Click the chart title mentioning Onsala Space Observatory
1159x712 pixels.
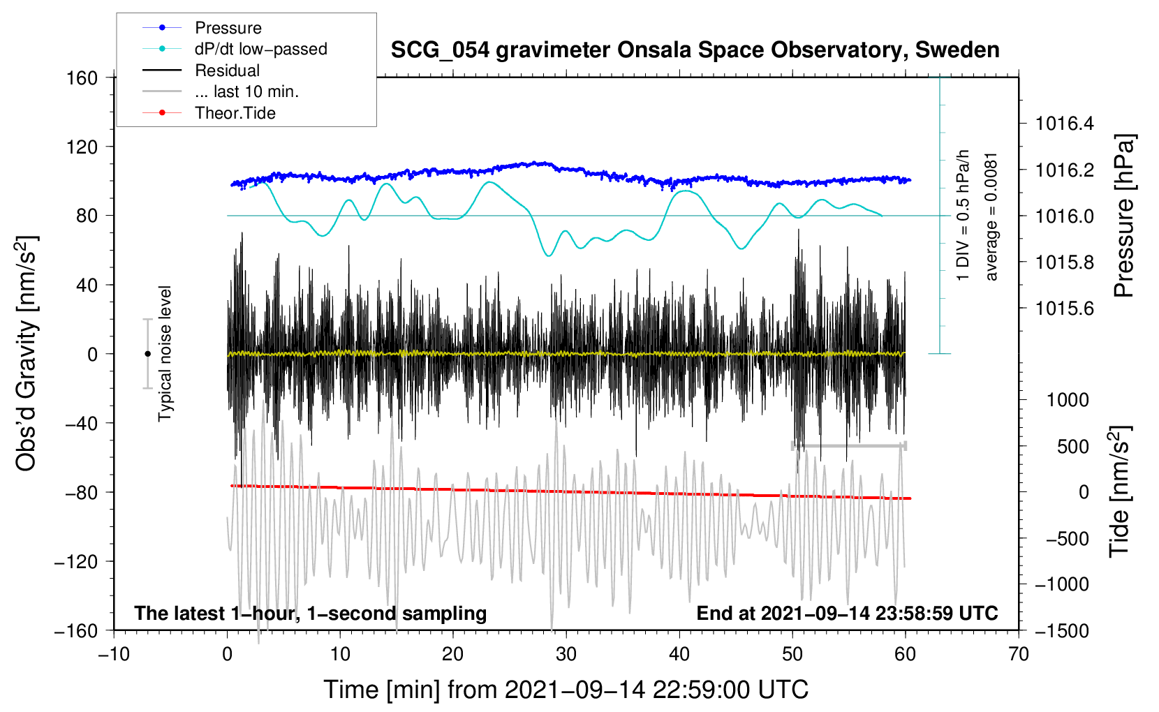click(x=695, y=50)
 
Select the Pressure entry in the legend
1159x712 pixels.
click(x=228, y=28)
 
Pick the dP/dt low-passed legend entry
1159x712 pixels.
click(x=261, y=49)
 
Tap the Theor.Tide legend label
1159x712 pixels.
click(x=235, y=113)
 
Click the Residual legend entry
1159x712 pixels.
click(x=227, y=71)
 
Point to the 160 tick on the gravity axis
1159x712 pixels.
click(x=82, y=78)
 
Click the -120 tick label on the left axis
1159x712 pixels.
click(x=76, y=561)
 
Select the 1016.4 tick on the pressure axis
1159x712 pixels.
click(x=1064, y=124)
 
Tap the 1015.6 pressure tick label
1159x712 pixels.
click(x=1064, y=309)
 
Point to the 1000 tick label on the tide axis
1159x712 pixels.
click(x=1068, y=400)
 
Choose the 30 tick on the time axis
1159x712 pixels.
click(x=566, y=655)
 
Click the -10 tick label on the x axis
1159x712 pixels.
click(x=114, y=655)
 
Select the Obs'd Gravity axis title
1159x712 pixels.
click(x=27, y=353)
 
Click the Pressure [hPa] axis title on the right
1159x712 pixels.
click(x=1124, y=216)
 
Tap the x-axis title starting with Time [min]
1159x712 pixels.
click(x=566, y=690)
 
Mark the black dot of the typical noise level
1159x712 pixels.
click(x=147, y=354)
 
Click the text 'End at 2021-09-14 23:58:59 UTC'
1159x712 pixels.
click(x=847, y=613)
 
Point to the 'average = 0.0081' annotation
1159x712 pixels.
click(x=991, y=217)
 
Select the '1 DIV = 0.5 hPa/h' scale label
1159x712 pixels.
click(x=962, y=216)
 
